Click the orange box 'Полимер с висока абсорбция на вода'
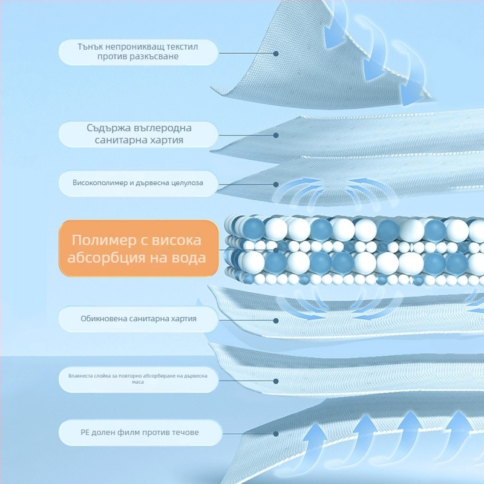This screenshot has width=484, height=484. [x=138, y=249]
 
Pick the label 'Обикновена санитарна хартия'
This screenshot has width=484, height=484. [x=138, y=318]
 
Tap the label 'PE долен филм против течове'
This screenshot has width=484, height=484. [x=138, y=433]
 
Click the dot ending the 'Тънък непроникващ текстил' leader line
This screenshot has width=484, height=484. [x=276, y=53]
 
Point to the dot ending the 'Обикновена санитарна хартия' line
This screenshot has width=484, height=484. [x=276, y=320]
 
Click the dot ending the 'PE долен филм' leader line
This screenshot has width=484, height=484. [x=276, y=433]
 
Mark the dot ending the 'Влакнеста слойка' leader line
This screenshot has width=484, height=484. [x=276, y=381]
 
